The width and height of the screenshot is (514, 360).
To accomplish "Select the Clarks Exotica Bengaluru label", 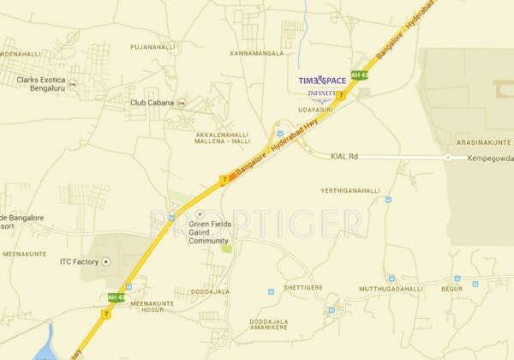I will (x=39, y=84).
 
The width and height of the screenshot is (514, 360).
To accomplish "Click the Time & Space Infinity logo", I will (x=322, y=85).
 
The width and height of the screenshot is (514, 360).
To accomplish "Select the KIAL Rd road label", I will (x=345, y=157).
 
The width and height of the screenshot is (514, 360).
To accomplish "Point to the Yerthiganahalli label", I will (x=349, y=190).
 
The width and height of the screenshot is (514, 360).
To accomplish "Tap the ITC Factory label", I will (x=79, y=261).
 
